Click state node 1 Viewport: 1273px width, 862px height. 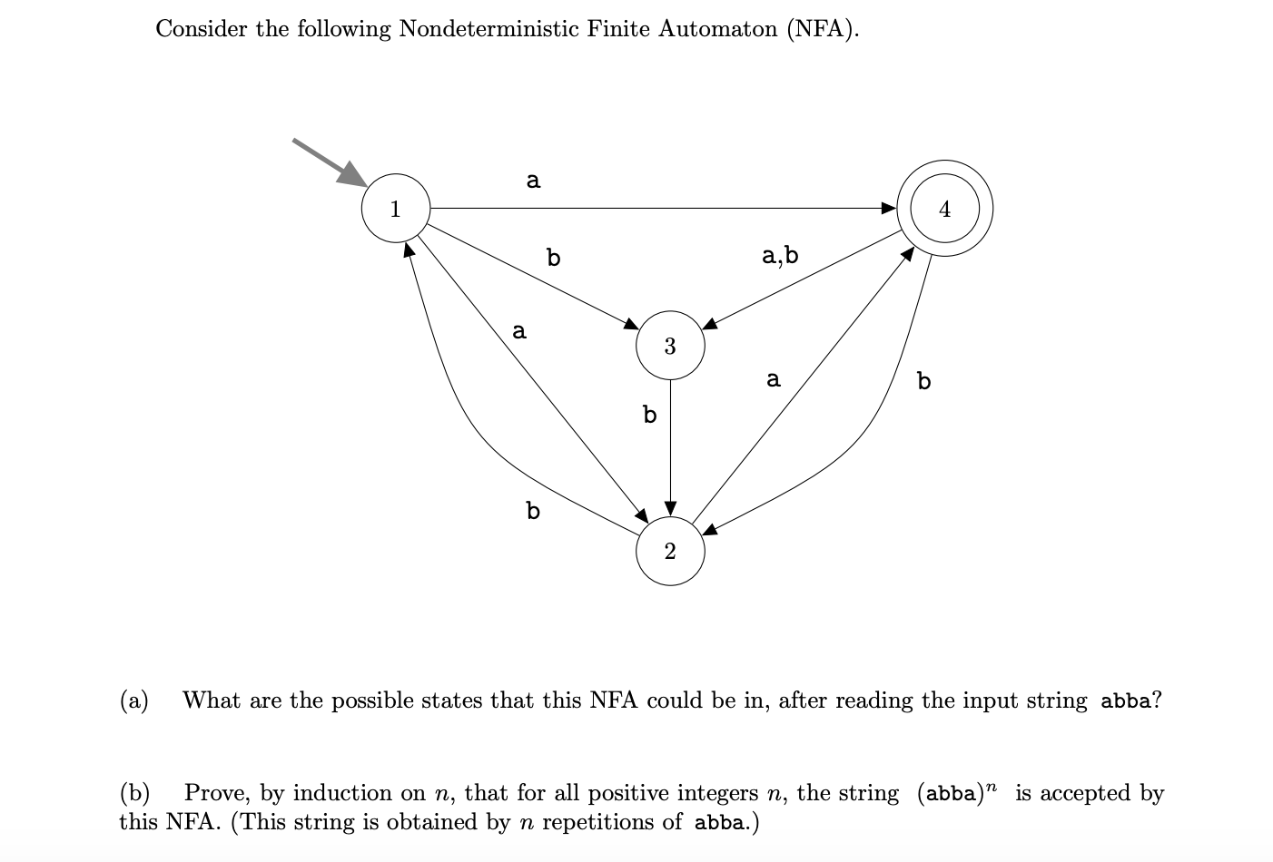click(x=395, y=208)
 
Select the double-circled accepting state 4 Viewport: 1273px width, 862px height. click(x=944, y=209)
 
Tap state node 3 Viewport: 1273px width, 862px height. click(x=670, y=346)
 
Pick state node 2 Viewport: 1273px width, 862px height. click(x=670, y=551)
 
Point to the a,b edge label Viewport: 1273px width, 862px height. click(x=780, y=255)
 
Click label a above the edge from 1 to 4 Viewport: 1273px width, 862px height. click(x=533, y=181)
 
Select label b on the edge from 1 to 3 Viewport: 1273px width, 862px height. click(x=554, y=258)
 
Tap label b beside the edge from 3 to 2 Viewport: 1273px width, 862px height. click(x=649, y=415)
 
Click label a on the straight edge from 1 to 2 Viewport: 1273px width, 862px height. click(x=518, y=331)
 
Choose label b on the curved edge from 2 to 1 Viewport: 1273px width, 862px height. click(x=533, y=511)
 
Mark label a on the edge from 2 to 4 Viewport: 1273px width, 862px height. click(x=773, y=378)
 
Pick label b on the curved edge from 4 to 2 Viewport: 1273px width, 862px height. click(x=923, y=380)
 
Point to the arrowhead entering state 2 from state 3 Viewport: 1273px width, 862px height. click(x=670, y=506)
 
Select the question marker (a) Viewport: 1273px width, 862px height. click(x=134, y=700)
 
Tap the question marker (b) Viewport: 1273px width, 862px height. click(x=134, y=793)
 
